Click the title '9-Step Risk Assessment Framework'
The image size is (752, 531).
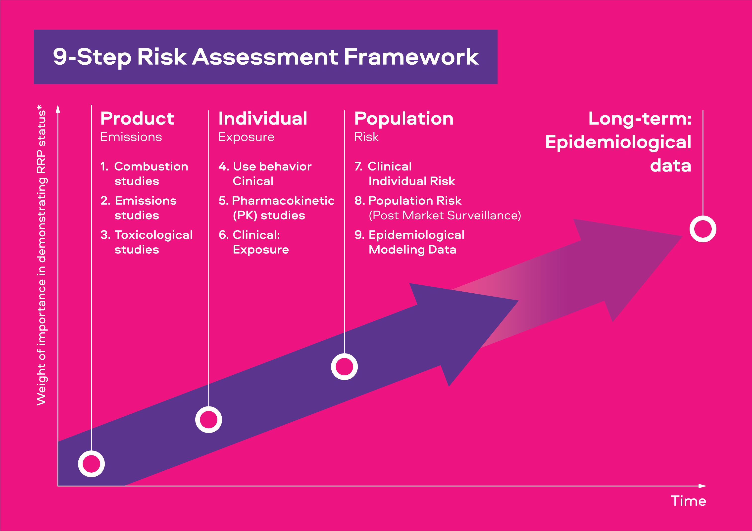(266, 57)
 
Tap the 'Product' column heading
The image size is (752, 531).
(137, 119)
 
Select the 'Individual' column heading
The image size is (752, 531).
(263, 119)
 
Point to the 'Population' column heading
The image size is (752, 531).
(404, 119)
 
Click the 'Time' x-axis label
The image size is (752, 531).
(688, 501)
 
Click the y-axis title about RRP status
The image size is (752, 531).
(42, 255)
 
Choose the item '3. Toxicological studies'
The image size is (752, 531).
(147, 242)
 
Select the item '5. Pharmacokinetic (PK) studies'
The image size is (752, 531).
(276, 208)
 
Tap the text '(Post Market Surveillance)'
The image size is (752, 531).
(445, 216)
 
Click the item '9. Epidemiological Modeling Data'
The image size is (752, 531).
(409, 242)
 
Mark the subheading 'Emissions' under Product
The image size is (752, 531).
(131, 137)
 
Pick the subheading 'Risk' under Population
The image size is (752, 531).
(366, 137)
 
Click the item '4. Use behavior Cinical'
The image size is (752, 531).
(265, 174)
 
